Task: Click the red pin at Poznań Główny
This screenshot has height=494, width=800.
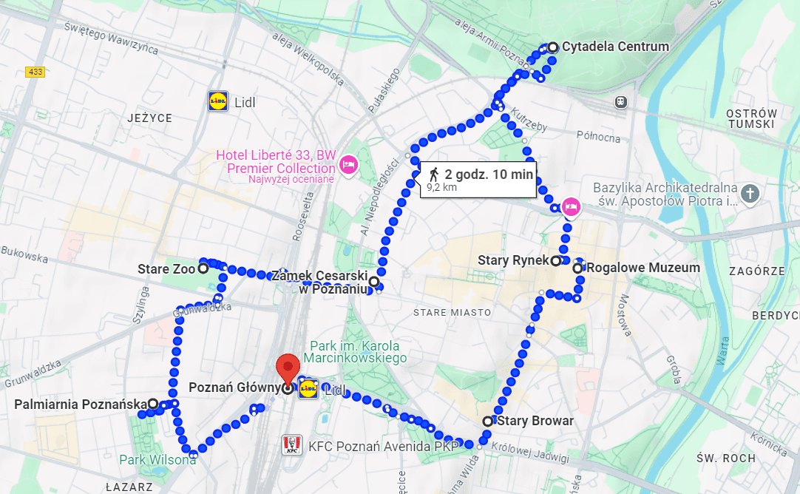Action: tap(288, 368)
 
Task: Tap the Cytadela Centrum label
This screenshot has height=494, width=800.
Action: tap(614, 47)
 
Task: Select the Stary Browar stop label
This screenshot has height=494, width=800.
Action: tap(535, 421)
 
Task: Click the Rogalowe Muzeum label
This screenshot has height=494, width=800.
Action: tap(643, 268)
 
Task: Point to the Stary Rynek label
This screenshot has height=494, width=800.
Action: tap(513, 260)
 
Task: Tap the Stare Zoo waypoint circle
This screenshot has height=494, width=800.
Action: tap(203, 269)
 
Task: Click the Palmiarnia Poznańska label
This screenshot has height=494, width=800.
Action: tap(81, 405)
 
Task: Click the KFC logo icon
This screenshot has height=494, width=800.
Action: tap(291, 445)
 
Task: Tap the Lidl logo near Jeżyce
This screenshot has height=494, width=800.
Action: tap(217, 102)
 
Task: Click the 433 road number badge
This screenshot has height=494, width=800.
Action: tap(35, 72)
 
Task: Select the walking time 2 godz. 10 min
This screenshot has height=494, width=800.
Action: tap(488, 175)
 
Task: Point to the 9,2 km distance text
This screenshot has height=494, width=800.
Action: tap(441, 188)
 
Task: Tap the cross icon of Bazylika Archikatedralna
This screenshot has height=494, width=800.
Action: tap(750, 194)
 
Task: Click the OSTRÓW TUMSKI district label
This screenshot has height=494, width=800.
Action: tap(753, 118)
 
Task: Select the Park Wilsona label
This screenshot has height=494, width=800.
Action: tap(157, 459)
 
